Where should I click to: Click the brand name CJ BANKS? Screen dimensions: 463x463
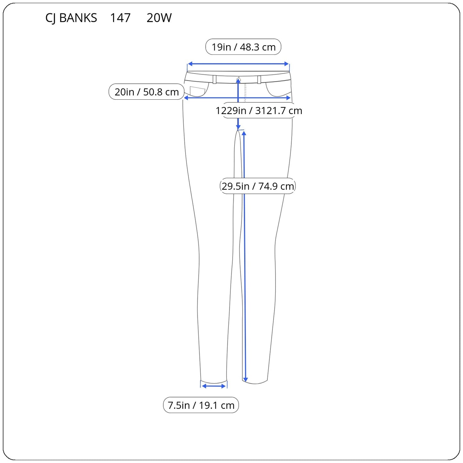coord(71,18)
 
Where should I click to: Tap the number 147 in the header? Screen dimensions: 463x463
coord(120,18)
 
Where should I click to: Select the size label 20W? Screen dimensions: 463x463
coord(159,18)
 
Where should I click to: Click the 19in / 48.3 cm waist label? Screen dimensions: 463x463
coord(244,47)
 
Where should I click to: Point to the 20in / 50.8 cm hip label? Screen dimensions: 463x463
coord(146,92)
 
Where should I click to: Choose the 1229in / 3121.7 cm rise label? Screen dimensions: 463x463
coord(259,111)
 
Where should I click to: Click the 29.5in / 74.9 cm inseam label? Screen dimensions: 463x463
coord(258,186)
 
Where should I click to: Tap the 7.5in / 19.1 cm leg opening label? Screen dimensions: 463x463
coord(201,405)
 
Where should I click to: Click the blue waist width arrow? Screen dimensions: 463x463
coord(238,64)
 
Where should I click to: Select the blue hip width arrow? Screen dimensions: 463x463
coord(237,98)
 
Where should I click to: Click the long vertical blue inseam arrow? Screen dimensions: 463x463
coord(244,256)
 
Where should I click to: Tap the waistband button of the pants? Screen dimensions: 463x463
coord(239,79)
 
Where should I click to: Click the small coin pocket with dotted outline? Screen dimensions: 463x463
coord(197,91)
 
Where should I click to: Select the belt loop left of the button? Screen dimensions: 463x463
coord(215,79)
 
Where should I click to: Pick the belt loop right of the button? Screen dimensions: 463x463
coord(259,79)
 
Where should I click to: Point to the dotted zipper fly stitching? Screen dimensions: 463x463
coord(245,93)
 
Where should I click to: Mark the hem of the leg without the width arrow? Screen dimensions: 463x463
coord(255,383)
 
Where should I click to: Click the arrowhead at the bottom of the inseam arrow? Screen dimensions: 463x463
coord(245,380)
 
